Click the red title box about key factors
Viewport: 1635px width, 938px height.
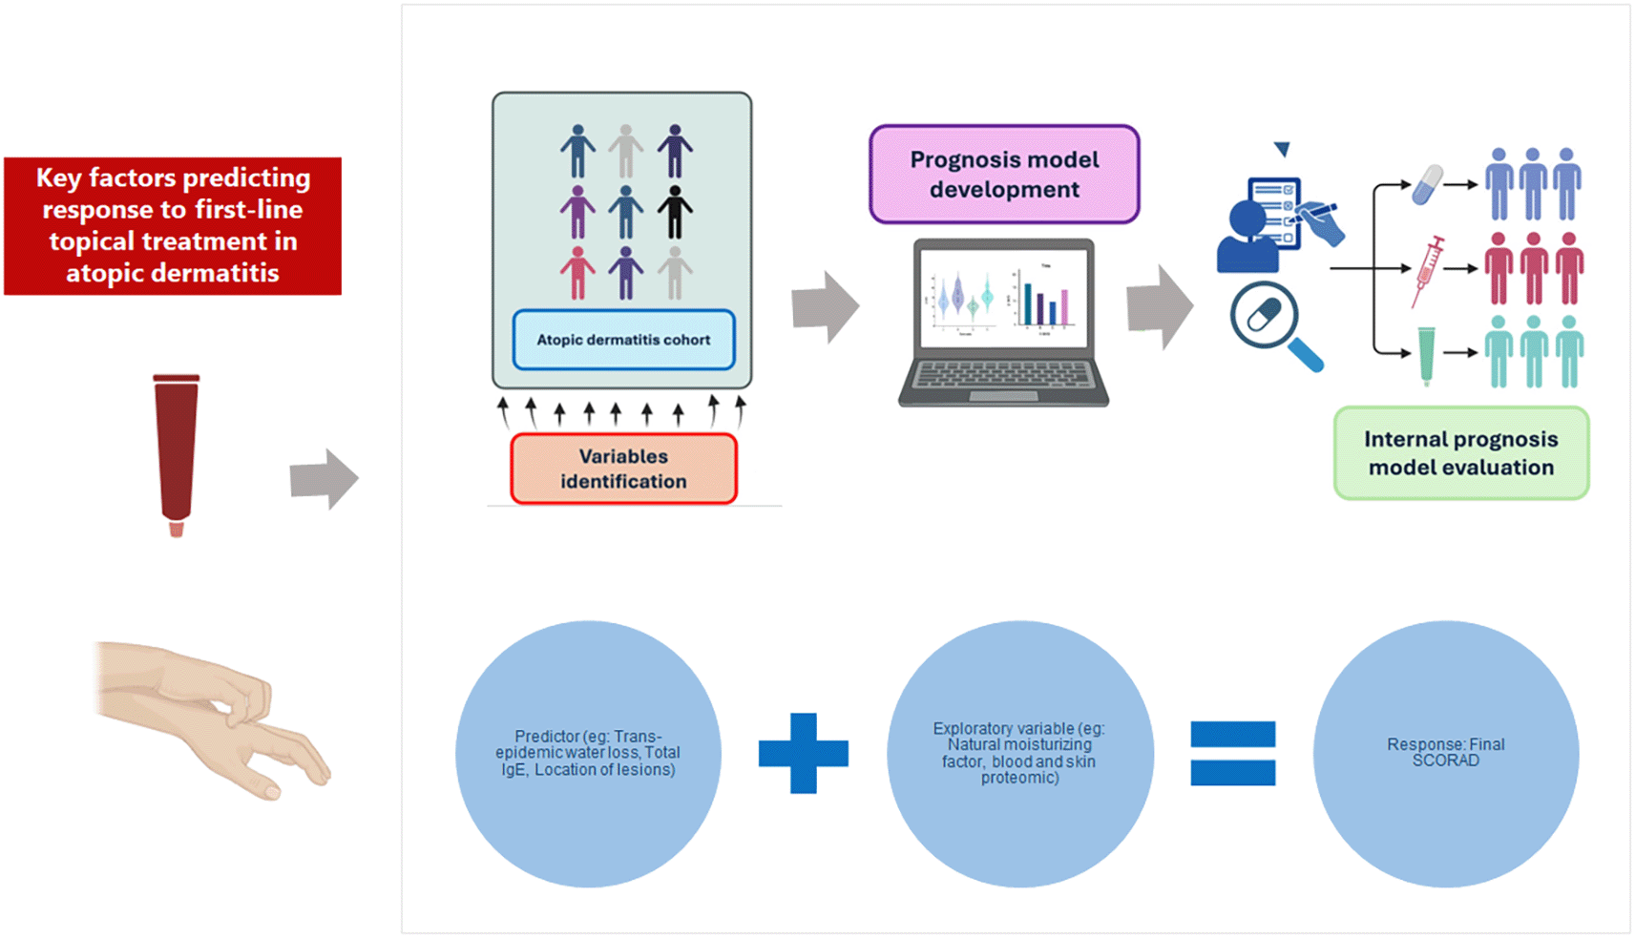click(x=173, y=226)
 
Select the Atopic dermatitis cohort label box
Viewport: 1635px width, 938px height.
click(x=623, y=340)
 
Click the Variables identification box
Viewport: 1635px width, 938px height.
click(x=623, y=469)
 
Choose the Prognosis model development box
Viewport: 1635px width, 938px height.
click(x=1004, y=175)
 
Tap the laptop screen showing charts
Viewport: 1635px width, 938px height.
click(x=1003, y=297)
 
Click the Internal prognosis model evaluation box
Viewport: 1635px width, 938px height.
click(x=1460, y=453)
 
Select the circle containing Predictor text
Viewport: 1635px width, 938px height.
click(x=588, y=754)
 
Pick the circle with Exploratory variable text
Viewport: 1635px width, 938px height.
click(x=1019, y=754)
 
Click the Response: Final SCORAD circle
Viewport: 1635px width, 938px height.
click(x=1445, y=754)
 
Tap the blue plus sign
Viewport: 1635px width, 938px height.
click(x=803, y=753)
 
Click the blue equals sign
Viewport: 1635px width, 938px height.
click(x=1232, y=753)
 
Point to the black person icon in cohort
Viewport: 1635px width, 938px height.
click(x=675, y=211)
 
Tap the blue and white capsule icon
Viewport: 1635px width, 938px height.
click(x=1428, y=184)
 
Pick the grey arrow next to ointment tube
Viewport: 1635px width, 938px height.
click(x=324, y=478)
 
